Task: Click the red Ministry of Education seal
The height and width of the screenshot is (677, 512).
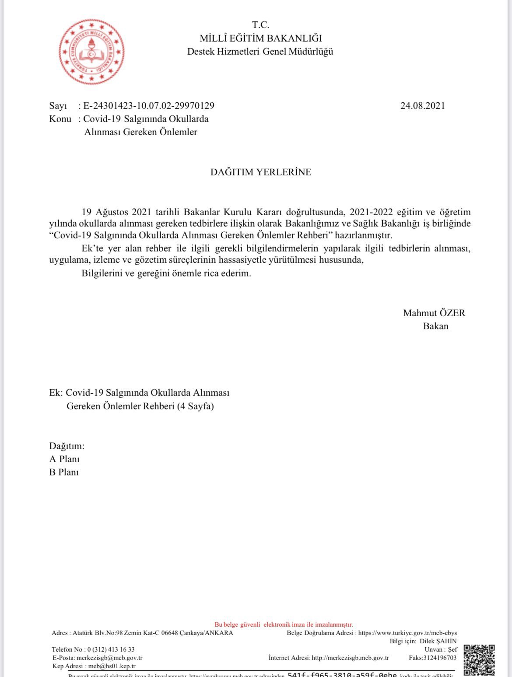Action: (x=91, y=52)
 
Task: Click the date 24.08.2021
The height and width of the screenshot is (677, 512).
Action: (x=422, y=105)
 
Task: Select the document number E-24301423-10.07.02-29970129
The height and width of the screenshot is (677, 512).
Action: (x=149, y=105)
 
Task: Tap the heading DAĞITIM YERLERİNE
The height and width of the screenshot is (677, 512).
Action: (x=261, y=172)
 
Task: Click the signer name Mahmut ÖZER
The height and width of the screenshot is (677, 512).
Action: (x=434, y=313)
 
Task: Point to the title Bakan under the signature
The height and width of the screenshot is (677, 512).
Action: (x=435, y=326)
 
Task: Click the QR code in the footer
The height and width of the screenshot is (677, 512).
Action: (x=479, y=660)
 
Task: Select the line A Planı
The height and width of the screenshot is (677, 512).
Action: (x=64, y=459)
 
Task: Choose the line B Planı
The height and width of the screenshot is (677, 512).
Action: (x=64, y=472)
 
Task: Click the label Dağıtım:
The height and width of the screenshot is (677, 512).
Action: (x=67, y=446)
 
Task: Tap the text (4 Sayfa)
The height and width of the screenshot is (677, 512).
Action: (x=195, y=406)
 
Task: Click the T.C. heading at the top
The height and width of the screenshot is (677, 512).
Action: (x=261, y=25)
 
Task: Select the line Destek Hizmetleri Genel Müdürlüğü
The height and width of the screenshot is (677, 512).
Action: (x=260, y=52)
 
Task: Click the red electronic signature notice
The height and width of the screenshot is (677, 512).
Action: (x=284, y=625)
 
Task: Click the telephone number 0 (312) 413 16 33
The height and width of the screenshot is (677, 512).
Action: (x=111, y=649)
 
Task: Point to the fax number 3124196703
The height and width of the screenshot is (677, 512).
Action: (x=439, y=658)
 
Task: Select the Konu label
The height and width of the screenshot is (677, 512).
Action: (x=60, y=119)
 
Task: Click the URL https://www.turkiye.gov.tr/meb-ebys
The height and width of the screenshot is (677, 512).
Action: (x=407, y=633)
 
